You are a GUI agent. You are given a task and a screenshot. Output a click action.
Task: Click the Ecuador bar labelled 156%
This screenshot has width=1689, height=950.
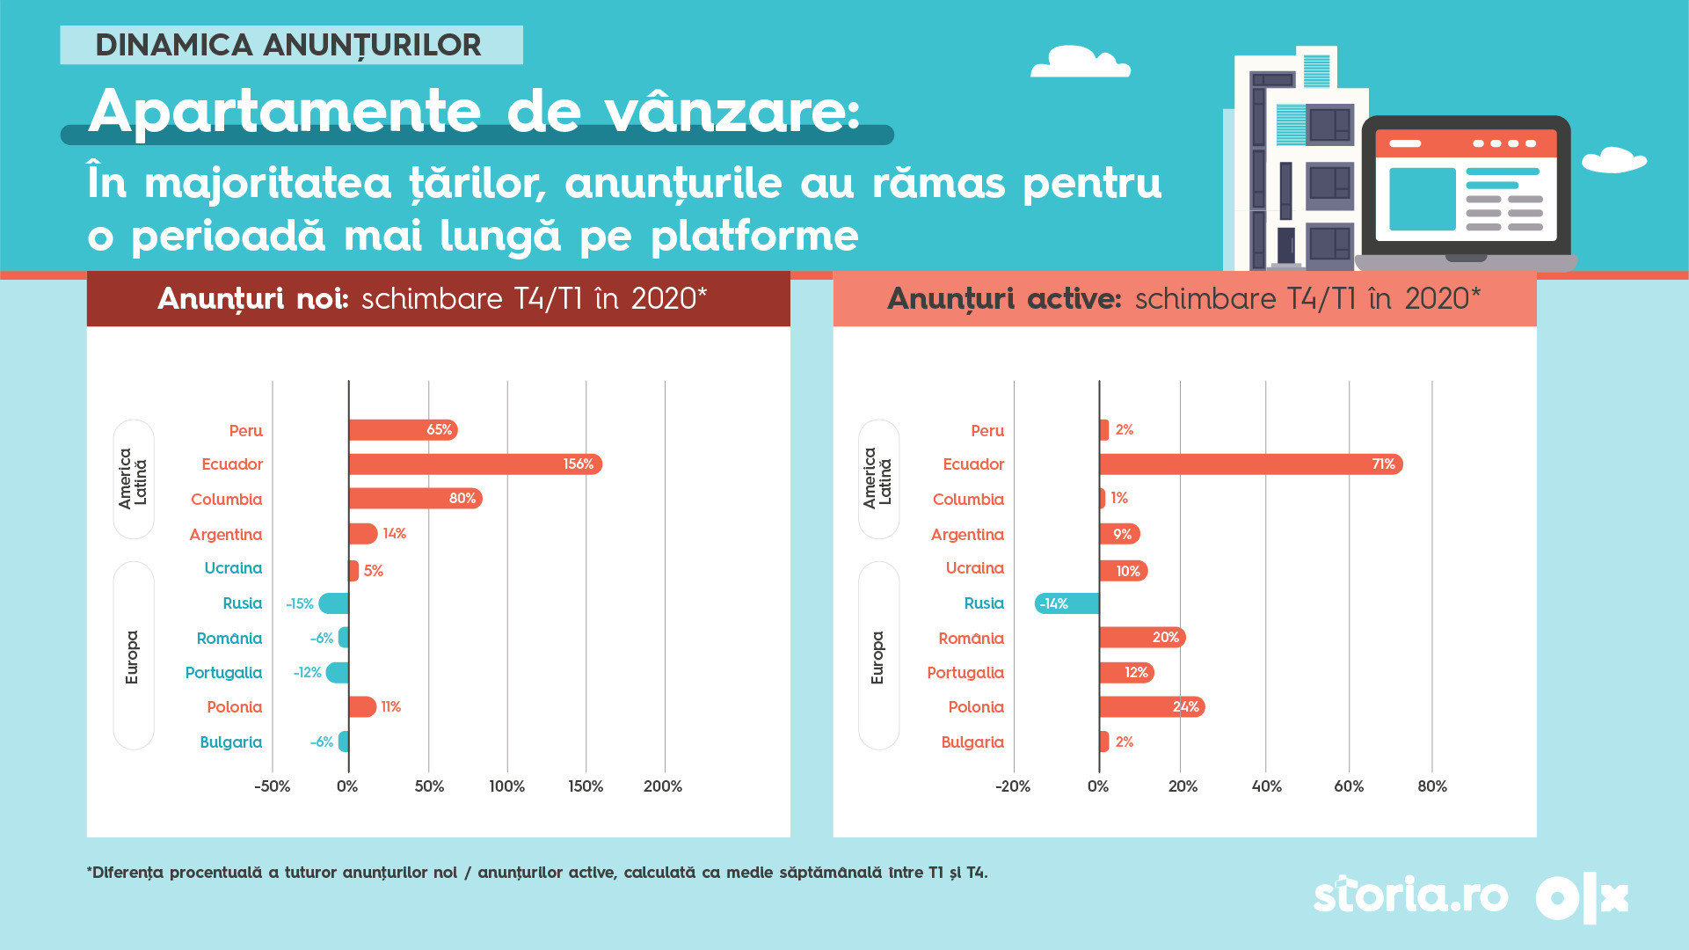coord(475,464)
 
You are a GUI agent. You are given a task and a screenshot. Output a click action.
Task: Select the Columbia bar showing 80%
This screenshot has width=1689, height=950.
coord(415,499)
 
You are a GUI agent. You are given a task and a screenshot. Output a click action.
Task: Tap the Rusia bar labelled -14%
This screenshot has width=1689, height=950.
coord(1067,603)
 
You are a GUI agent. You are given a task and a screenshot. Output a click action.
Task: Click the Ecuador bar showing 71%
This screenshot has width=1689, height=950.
coord(1250,464)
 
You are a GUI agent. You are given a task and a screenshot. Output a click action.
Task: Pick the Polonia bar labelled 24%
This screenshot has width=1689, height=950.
coord(1152,707)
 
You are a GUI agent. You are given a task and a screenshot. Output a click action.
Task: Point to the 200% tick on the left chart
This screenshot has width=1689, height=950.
coord(663,786)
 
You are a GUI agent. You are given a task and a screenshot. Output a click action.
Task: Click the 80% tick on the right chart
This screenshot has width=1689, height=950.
coord(1432,786)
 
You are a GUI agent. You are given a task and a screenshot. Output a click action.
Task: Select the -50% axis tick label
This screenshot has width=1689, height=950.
coord(273,786)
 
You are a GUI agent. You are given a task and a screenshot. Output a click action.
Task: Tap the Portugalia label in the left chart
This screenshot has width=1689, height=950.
coord(223,673)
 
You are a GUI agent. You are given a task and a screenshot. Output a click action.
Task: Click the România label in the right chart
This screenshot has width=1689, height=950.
coord(971,639)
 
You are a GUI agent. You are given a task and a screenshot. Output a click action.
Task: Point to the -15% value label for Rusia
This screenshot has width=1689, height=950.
coord(300,604)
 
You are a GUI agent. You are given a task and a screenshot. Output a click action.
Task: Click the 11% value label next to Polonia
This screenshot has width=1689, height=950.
coord(391,707)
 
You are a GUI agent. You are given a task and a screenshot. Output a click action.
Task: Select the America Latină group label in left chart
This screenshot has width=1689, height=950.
coord(133,479)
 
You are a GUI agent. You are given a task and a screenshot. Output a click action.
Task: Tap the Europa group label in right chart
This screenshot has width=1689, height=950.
coord(877,657)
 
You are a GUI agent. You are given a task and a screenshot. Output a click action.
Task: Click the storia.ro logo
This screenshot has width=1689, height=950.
coord(1410,896)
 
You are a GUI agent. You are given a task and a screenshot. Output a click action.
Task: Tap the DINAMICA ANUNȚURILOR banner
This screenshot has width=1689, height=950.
coord(291,45)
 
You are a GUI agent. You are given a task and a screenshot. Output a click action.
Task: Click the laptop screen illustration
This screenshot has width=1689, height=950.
coord(1466,186)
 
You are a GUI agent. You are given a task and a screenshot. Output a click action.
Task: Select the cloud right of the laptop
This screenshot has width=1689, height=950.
coord(1613,160)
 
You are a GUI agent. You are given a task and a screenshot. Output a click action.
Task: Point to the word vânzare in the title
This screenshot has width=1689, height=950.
coord(732,113)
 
